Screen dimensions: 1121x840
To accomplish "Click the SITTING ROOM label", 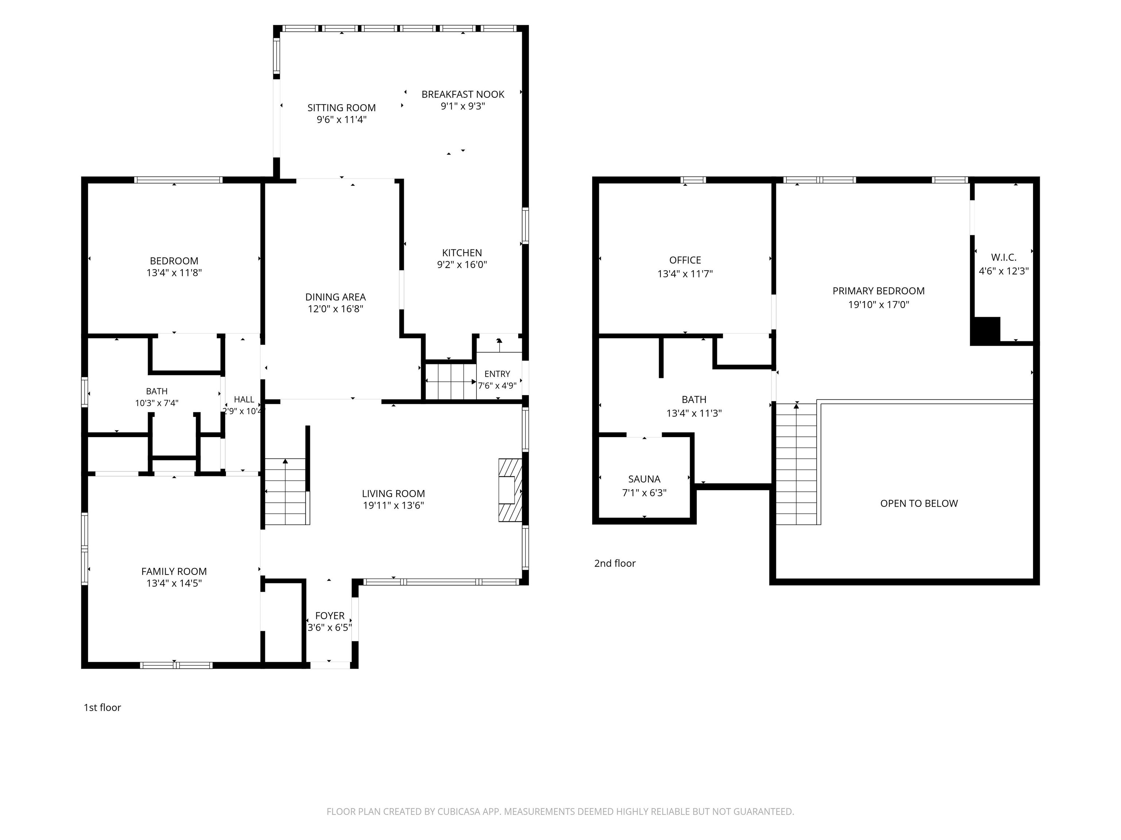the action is [x=342, y=108].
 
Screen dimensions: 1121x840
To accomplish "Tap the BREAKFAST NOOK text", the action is [x=463, y=94].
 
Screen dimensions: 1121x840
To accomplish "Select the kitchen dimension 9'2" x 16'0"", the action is [x=462, y=264].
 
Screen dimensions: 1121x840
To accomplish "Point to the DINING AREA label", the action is [x=335, y=297].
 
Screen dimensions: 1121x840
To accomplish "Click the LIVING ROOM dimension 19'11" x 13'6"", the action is [x=393, y=505].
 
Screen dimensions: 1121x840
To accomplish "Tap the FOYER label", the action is [x=330, y=616].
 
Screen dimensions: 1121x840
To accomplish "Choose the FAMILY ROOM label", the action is [x=174, y=572].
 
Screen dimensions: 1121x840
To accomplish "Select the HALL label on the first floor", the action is [x=244, y=400].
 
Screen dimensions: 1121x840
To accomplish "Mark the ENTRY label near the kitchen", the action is [x=497, y=374].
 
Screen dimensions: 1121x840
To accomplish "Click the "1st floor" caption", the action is [x=103, y=707].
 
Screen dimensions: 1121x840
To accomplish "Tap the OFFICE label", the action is [x=685, y=260].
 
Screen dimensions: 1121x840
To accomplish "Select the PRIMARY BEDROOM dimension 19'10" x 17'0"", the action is [x=879, y=305].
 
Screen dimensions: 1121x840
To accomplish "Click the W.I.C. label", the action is [x=1003, y=258].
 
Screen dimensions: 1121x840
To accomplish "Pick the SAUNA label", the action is [x=644, y=479].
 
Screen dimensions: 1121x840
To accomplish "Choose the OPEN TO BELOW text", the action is [x=919, y=503].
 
